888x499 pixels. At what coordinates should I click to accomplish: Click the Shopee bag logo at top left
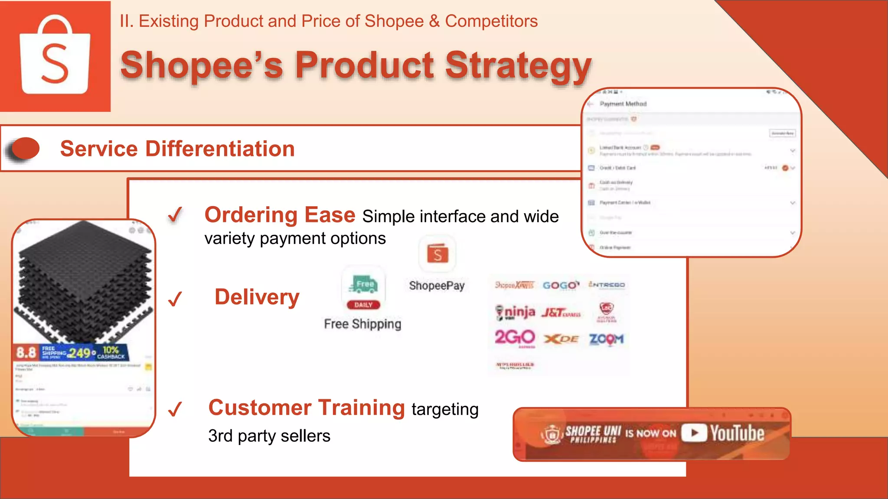pyautogui.click(x=55, y=55)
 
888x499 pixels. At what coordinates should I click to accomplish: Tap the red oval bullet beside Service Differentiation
pyautogui.click(x=25, y=149)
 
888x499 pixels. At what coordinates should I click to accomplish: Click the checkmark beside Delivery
pyautogui.click(x=175, y=298)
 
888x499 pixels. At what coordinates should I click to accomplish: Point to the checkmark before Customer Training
pyautogui.click(x=175, y=408)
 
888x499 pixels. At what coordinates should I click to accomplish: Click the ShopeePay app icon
pyautogui.click(x=437, y=254)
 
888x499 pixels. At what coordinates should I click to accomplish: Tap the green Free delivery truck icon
pyautogui.click(x=363, y=285)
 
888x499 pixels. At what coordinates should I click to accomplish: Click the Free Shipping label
pyautogui.click(x=362, y=324)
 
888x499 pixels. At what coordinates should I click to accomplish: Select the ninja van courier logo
pyautogui.click(x=515, y=312)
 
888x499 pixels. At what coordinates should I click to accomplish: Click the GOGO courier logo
pyautogui.click(x=561, y=285)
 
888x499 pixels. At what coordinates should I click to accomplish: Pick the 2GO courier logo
pyautogui.click(x=515, y=337)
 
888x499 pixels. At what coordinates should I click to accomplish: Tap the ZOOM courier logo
pyautogui.click(x=606, y=339)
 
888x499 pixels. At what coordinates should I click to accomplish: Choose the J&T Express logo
pyautogui.click(x=561, y=312)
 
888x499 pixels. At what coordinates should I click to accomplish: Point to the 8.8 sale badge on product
pyautogui.click(x=26, y=353)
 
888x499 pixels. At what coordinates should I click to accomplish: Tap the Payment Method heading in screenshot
pyautogui.click(x=623, y=104)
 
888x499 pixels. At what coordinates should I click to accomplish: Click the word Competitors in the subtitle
pyautogui.click(x=491, y=21)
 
